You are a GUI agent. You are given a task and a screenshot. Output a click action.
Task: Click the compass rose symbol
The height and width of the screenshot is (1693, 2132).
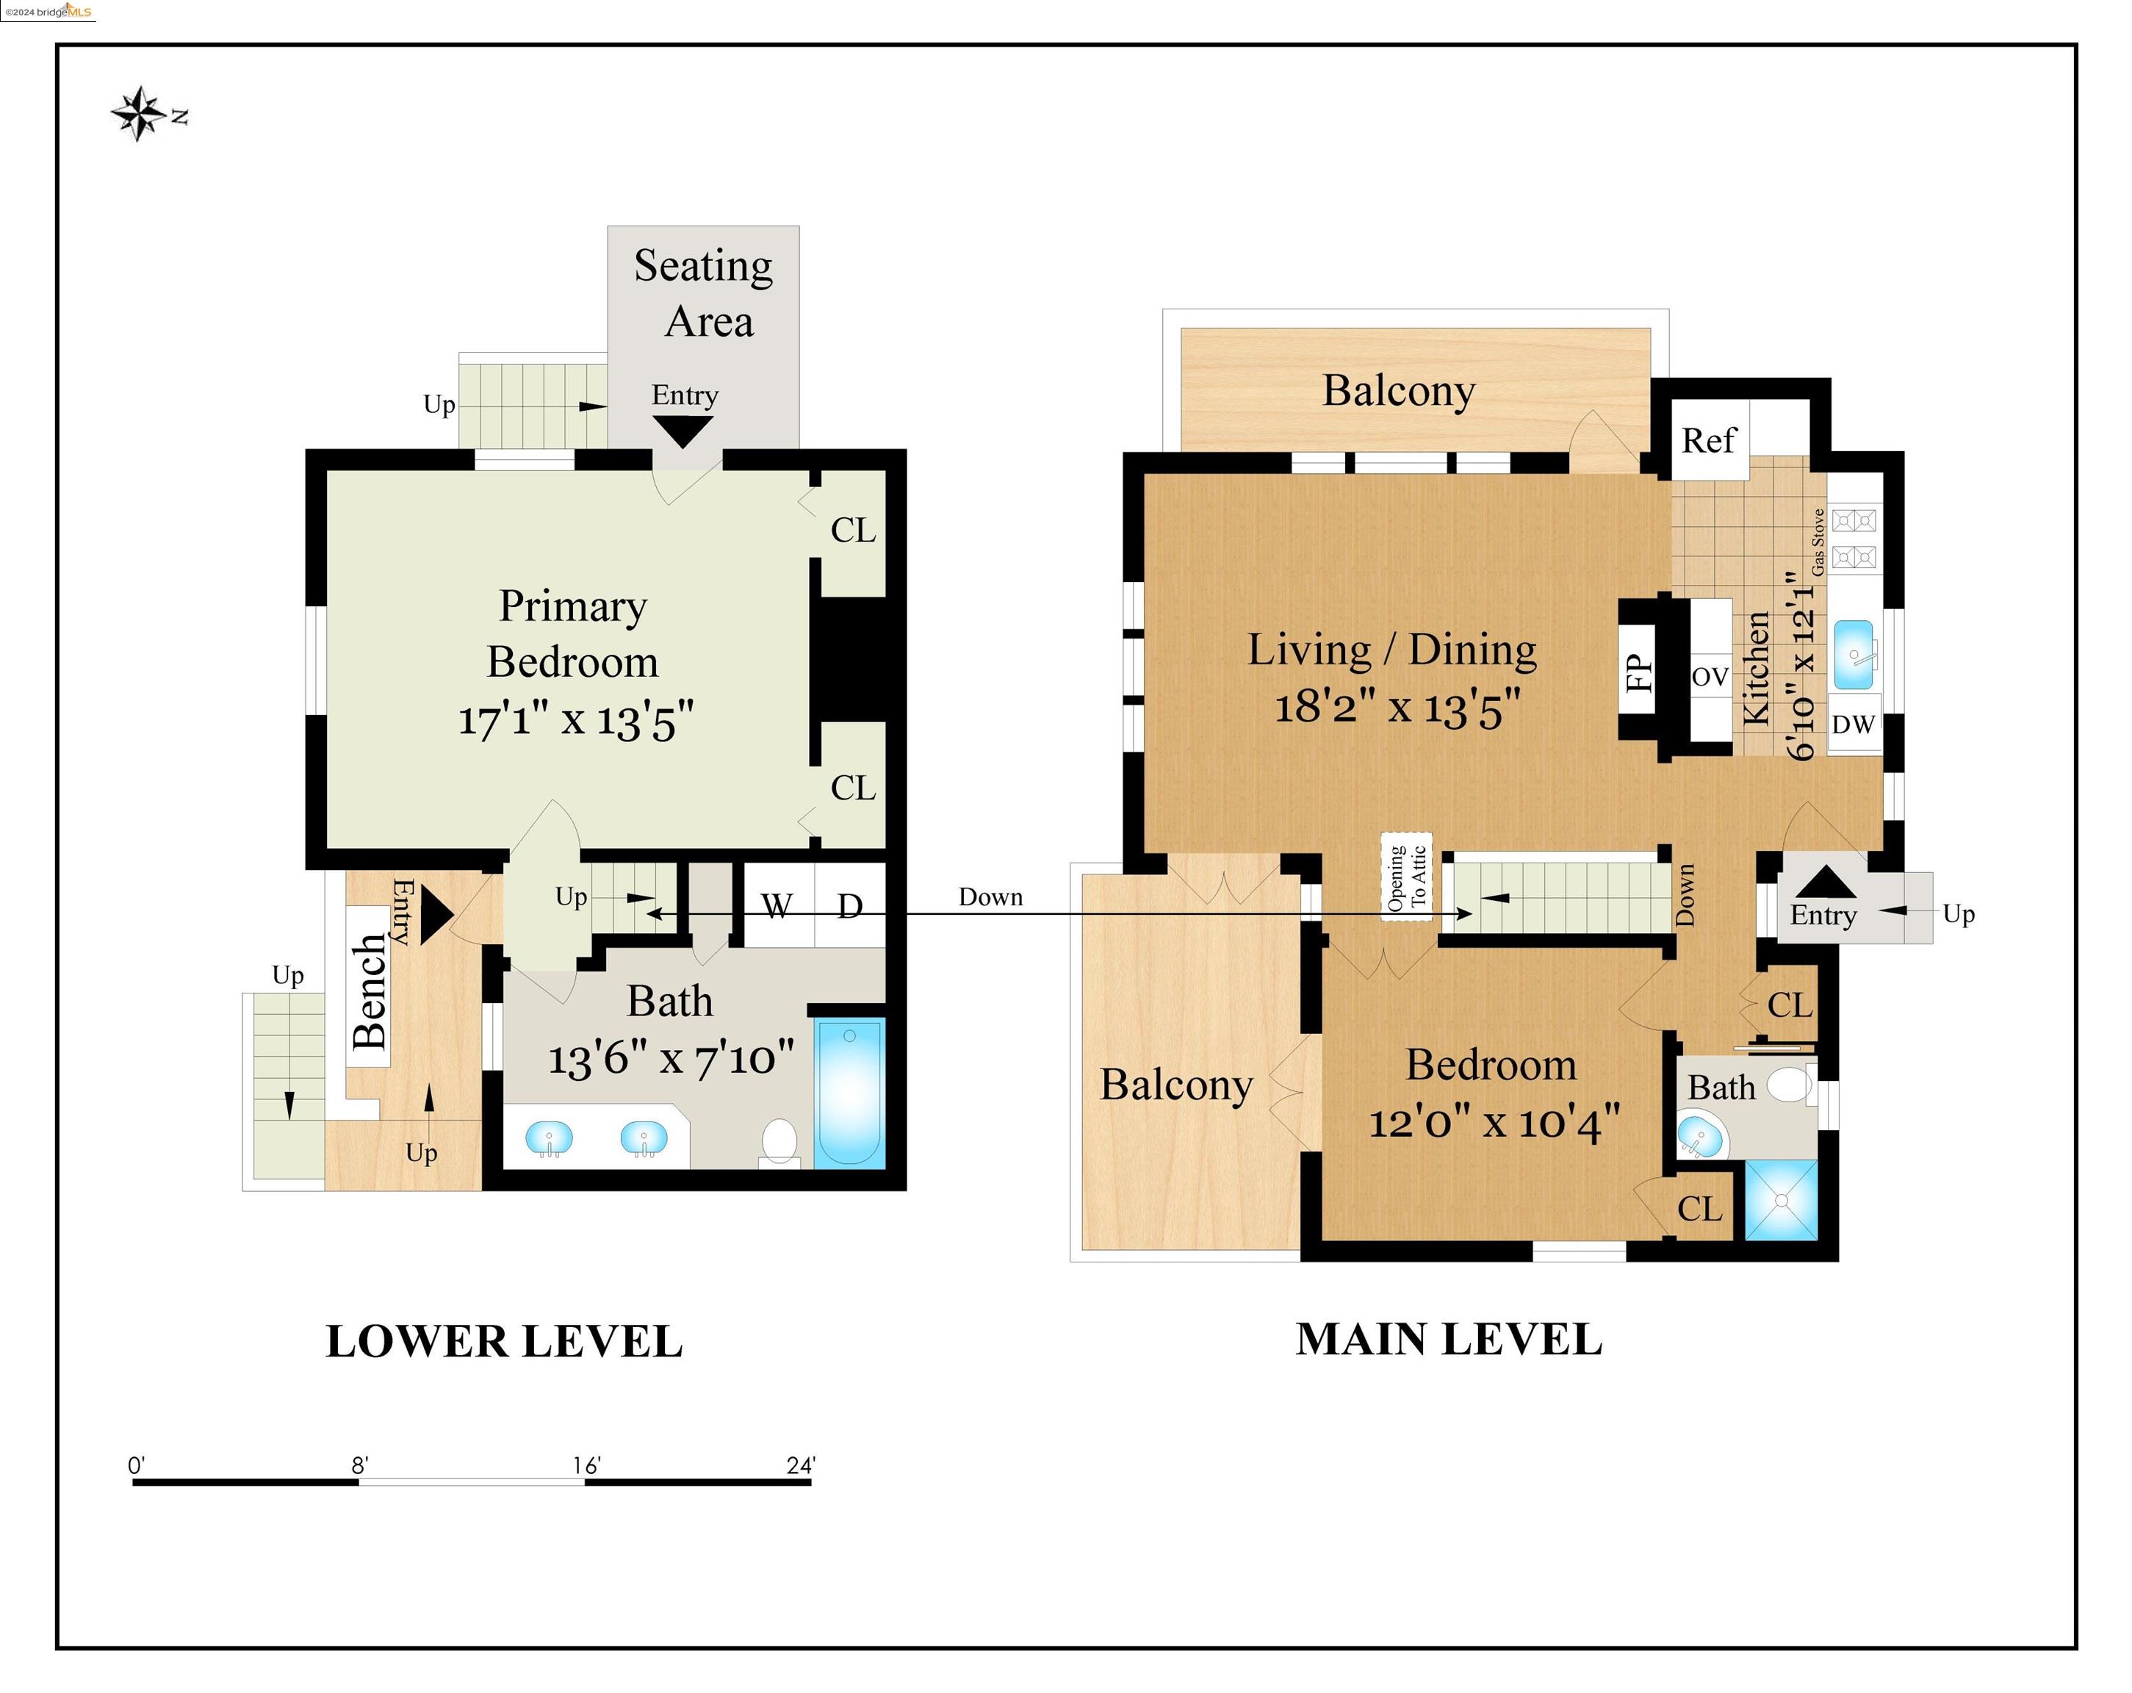coord(137,114)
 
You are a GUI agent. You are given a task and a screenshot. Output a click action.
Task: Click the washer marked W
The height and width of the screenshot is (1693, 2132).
coord(777,905)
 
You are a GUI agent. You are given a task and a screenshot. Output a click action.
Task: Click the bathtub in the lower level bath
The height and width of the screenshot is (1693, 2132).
coord(849,1092)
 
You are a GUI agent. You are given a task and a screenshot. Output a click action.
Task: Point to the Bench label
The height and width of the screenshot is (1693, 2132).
coord(370,991)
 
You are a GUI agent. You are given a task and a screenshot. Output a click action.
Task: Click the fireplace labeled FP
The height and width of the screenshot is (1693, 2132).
coord(1638,672)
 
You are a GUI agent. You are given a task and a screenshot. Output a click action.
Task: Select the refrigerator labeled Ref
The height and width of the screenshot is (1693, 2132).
coord(1709,440)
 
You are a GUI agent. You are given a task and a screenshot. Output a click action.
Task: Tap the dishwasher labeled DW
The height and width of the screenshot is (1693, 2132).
coord(1853,724)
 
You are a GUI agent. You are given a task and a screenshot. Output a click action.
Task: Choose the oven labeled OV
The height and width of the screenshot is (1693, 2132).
coord(1710,677)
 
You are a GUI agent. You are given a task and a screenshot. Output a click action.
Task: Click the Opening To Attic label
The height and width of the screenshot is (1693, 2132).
coord(1406,877)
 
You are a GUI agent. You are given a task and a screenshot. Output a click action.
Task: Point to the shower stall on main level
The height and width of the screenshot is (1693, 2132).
coord(1781,1199)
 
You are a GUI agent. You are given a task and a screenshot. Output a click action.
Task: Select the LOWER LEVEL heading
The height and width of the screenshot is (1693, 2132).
coord(504,1342)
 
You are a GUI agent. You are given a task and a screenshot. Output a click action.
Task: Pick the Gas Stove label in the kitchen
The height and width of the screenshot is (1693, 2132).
coord(1818,543)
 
